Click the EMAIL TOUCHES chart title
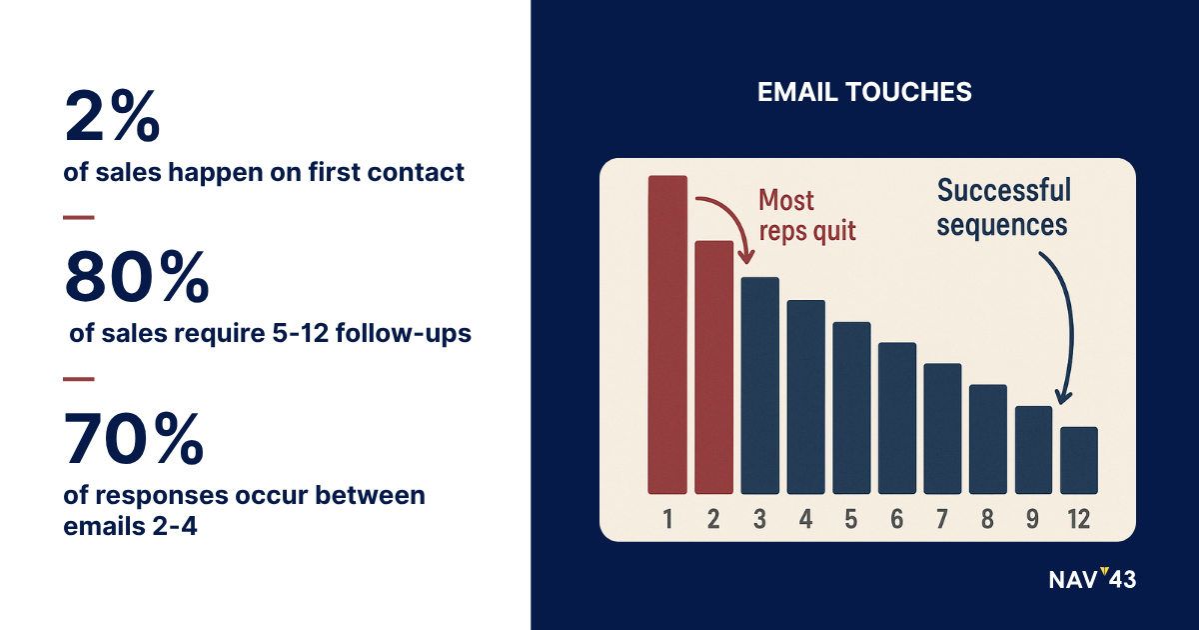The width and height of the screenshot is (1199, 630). pyautogui.click(x=864, y=92)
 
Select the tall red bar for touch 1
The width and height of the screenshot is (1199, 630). pyautogui.click(x=667, y=335)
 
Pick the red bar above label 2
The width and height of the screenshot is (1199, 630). pyautogui.click(x=714, y=368)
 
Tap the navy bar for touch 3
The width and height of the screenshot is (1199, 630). pyautogui.click(x=760, y=386)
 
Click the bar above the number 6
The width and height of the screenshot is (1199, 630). pyautogui.click(x=897, y=418)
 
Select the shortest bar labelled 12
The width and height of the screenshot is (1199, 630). pyautogui.click(x=1079, y=461)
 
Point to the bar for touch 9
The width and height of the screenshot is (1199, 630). pyautogui.click(x=1033, y=450)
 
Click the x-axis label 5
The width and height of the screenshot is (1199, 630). pyautogui.click(x=851, y=519)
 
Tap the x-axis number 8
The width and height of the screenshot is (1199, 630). pyautogui.click(x=987, y=519)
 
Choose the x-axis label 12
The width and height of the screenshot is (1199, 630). pyautogui.click(x=1078, y=519)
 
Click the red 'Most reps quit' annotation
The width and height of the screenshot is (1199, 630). pyautogui.click(x=807, y=216)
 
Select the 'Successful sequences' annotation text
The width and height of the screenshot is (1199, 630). pyautogui.click(x=1003, y=207)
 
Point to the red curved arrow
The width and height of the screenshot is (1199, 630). pyautogui.click(x=735, y=214)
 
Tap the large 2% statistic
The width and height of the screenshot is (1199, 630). pyautogui.click(x=112, y=116)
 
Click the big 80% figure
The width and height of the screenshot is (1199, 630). pyautogui.click(x=137, y=277)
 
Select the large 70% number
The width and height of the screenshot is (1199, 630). pyautogui.click(x=134, y=438)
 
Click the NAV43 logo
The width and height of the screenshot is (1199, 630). pyautogui.click(x=1092, y=579)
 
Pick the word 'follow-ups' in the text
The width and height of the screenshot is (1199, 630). pyautogui.click(x=403, y=333)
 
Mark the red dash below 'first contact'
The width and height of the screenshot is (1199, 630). pyautogui.click(x=79, y=218)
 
